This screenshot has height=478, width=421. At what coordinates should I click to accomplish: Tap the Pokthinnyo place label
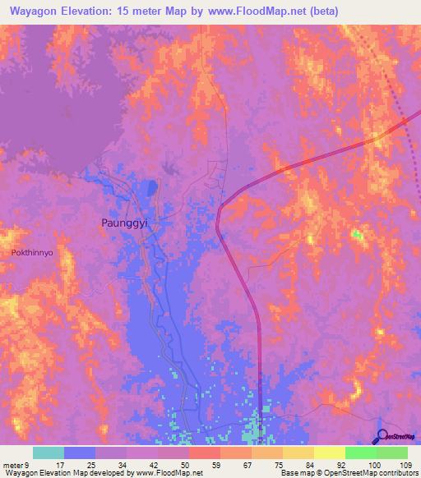[x=32, y=253]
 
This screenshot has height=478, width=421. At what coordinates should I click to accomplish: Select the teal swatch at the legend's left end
[x=49, y=453]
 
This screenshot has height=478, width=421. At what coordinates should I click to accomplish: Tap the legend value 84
[x=298, y=464]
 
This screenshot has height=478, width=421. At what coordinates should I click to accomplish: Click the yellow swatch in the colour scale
[x=330, y=453]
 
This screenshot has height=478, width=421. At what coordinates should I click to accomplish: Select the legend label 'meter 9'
[x=18, y=464]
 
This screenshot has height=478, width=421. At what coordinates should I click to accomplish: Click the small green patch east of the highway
[x=357, y=236]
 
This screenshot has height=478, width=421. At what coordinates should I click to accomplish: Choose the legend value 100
[x=361, y=464]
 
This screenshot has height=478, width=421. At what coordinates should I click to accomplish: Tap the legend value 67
[x=235, y=464]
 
